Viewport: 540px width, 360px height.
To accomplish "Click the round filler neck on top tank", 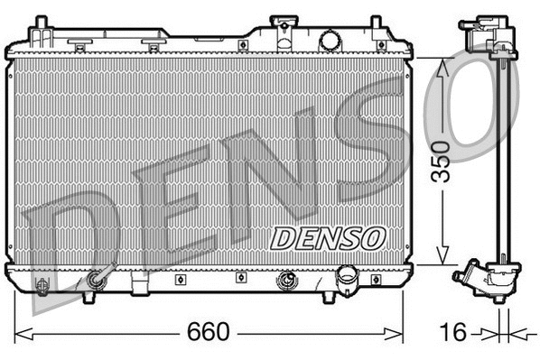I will click(x=330, y=40).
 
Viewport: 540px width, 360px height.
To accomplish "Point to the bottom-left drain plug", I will click(x=42, y=286).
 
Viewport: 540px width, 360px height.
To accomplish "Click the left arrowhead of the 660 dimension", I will click(x=20, y=332).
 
